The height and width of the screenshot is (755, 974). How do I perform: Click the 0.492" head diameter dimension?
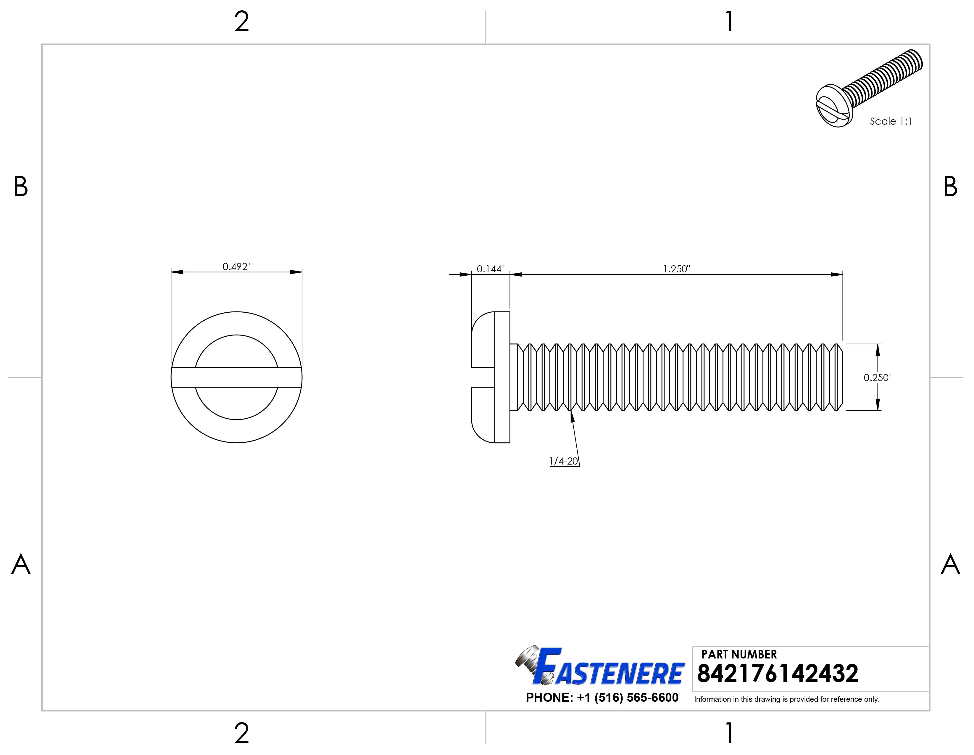236,266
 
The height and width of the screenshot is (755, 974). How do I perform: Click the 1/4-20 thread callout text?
564,461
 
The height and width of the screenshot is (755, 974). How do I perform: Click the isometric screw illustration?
869,88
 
